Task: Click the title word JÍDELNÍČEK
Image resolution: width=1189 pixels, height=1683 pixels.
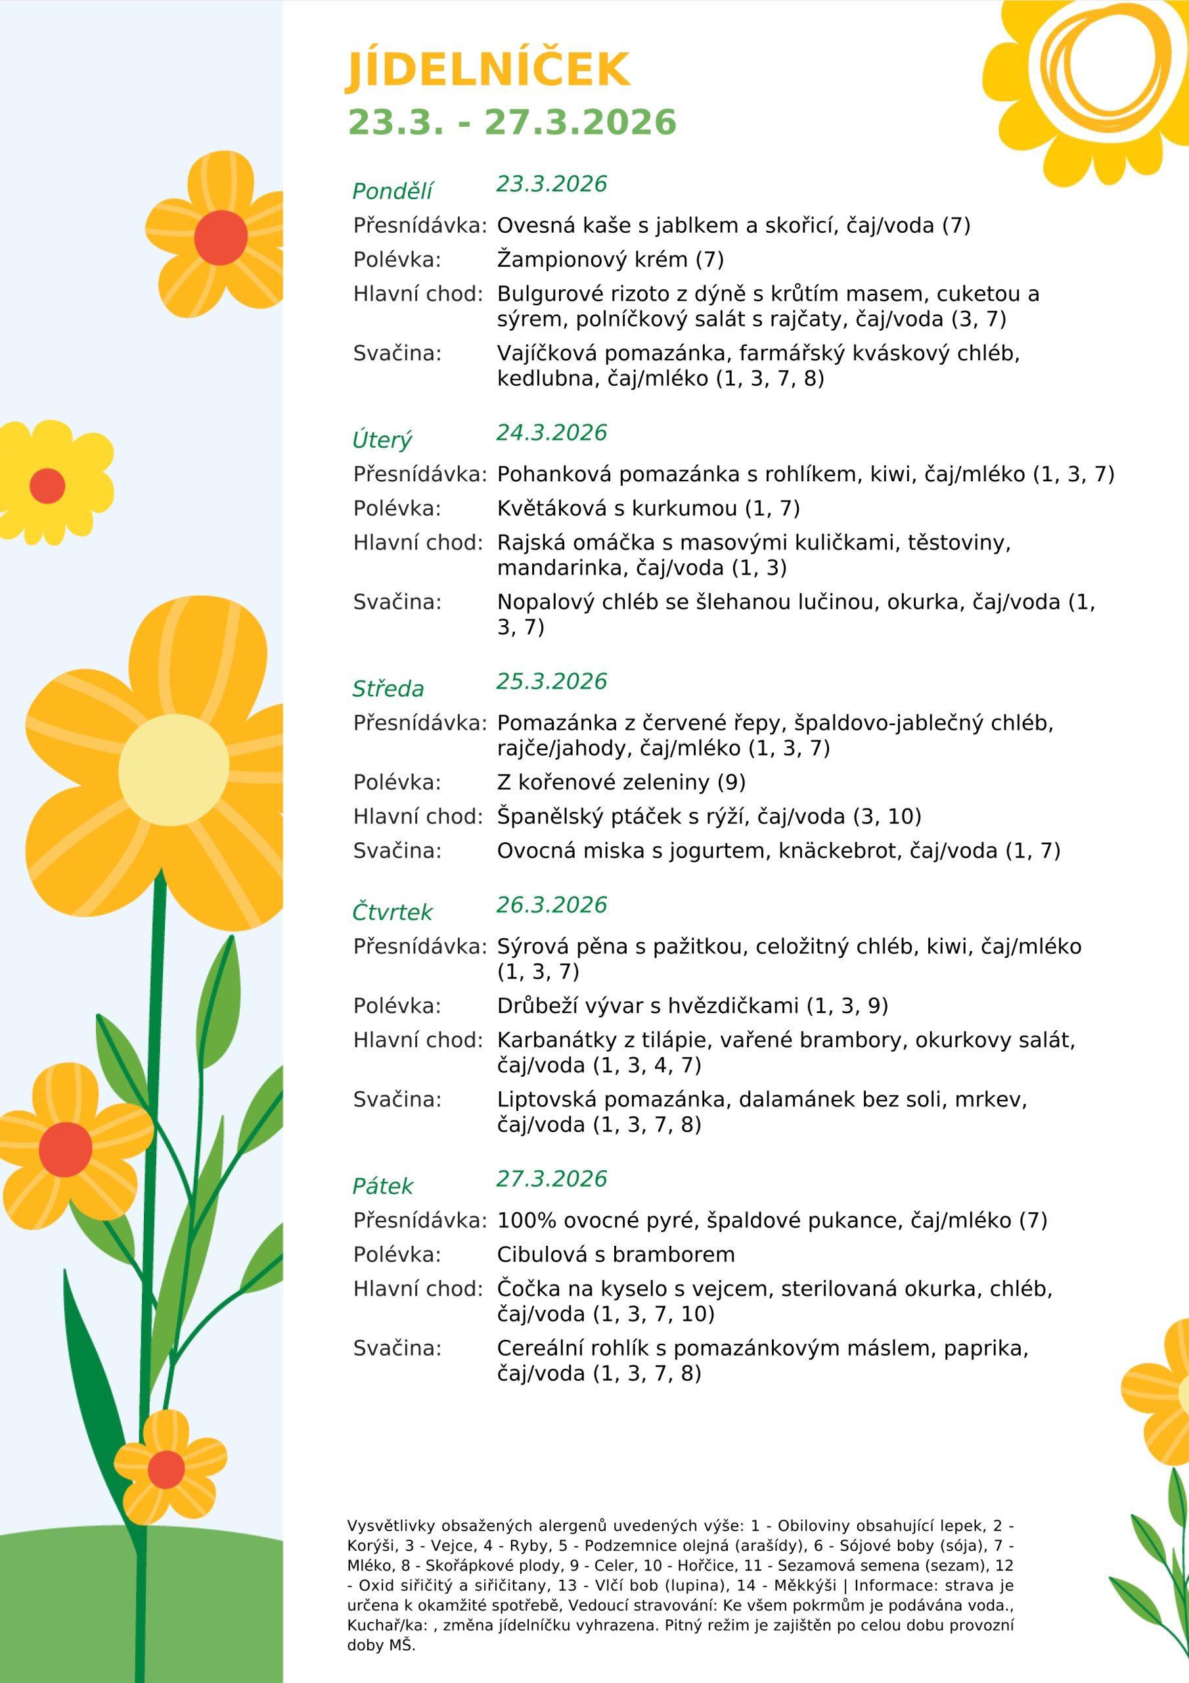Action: pyautogui.click(x=487, y=71)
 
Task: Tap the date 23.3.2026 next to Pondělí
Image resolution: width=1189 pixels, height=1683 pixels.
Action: pyautogui.click(x=551, y=184)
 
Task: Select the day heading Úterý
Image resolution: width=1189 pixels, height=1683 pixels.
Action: pyautogui.click(x=382, y=440)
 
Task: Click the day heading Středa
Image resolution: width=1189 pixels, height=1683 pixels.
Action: pyautogui.click(x=388, y=689)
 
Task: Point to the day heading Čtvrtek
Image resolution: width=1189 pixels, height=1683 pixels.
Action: pyautogui.click(x=392, y=912)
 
